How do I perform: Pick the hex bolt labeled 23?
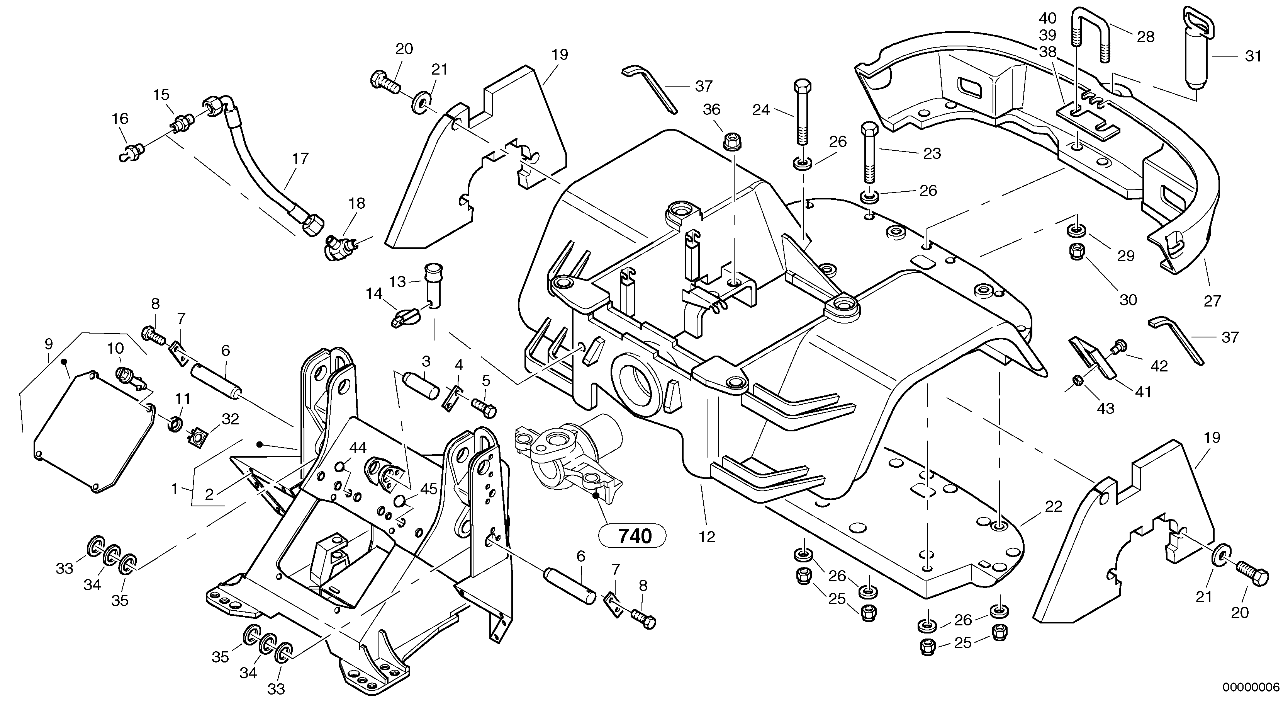point(869,153)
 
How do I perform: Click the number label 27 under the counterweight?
point(1212,301)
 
